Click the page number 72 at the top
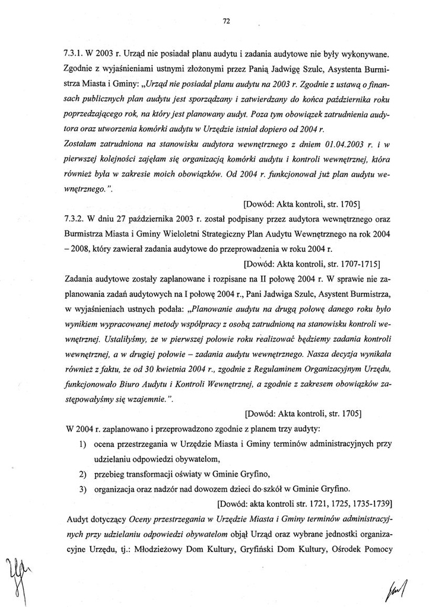tap(225, 21)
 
